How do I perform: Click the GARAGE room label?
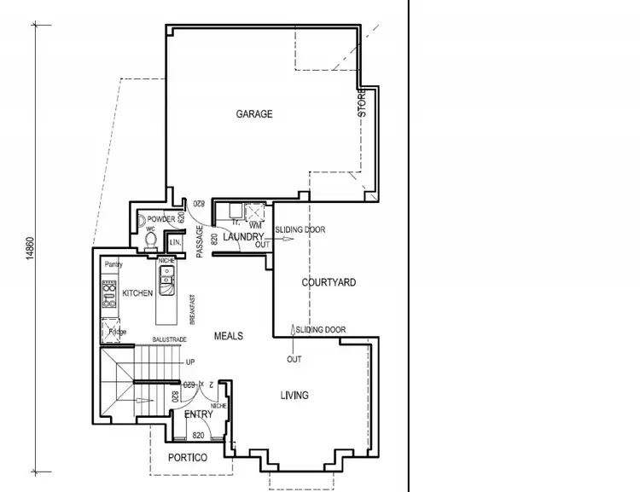point(254,114)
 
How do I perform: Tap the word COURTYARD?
point(329,282)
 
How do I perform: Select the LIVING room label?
point(294,395)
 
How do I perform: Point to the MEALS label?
point(228,336)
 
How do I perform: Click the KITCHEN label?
point(137,293)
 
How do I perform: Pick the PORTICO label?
point(188,458)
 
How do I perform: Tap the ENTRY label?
point(199,414)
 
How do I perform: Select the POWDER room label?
point(160,219)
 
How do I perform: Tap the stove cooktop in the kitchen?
point(109,294)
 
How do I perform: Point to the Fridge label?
point(117,332)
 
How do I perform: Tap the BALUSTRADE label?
point(169,339)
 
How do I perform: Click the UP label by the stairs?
point(190,362)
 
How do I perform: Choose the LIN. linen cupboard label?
point(175,243)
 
